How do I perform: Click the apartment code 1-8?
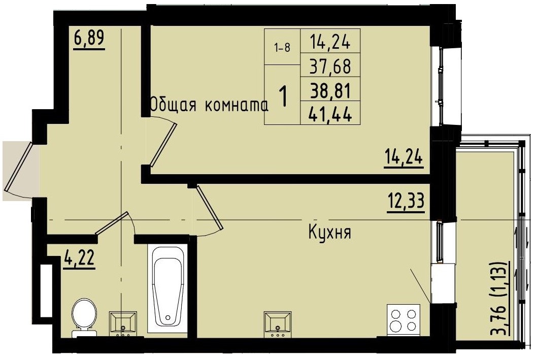(282, 48)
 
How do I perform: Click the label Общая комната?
(209, 105)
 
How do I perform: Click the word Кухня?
(330, 233)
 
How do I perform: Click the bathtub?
(167, 289)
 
